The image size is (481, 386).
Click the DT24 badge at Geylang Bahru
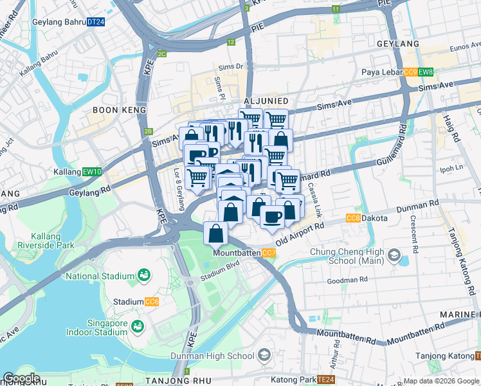point(95,22)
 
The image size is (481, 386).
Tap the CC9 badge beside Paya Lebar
point(410,72)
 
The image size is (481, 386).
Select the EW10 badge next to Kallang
point(93,172)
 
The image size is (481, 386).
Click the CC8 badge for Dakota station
point(352,218)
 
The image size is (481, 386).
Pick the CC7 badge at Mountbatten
point(269,253)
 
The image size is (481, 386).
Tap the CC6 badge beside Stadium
point(152,301)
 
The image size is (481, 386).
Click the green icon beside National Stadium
point(143,277)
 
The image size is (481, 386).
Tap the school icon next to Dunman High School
point(264,356)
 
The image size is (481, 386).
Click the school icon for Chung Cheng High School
point(392,255)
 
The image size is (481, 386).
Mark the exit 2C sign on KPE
point(162,53)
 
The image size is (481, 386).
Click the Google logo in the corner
point(21,378)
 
